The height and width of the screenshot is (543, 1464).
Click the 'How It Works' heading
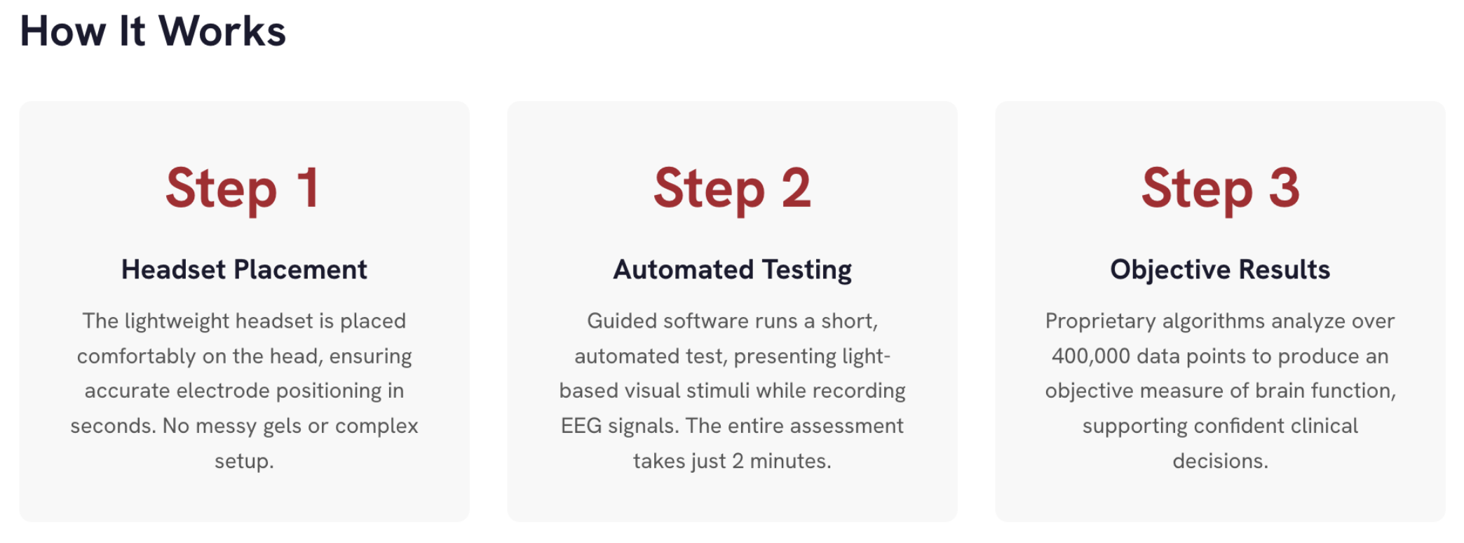pyautogui.click(x=153, y=32)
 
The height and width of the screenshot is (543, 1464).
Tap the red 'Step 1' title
pyautogui.click(x=243, y=189)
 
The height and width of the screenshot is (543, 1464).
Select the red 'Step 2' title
pyautogui.click(x=732, y=189)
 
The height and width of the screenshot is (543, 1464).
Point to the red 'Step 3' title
pyautogui.click(x=1220, y=189)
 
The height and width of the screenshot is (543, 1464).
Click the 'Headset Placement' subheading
pyautogui.click(x=244, y=269)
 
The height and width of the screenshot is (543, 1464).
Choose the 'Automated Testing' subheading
pyautogui.click(x=732, y=270)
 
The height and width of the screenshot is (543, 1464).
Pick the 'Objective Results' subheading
pyautogui.click(x=1220, y=270)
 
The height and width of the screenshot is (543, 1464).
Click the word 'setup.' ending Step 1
pyautogui.click(x=244, y=462)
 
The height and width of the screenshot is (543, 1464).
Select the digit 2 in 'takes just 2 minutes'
pyautogui.click(x=738, y=461)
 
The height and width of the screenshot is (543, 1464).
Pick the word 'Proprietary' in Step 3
pyautogui.click(x=1100, y=321)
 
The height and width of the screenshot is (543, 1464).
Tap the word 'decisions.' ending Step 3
pyautogui.click(x=1220, y=461)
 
